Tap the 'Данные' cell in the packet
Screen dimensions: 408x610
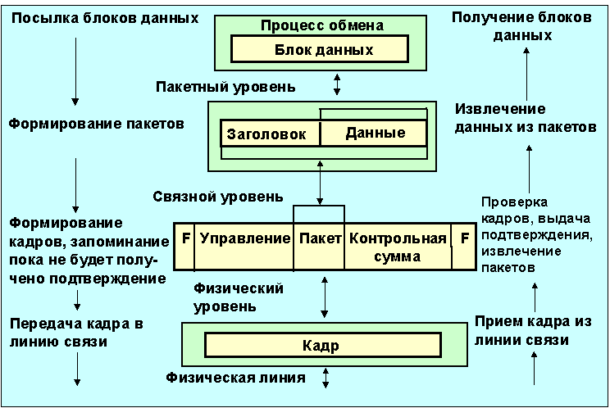tap(374, 133)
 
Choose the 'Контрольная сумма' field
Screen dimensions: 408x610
tap(398, 247)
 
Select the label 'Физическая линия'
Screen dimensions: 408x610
tap(235, 379)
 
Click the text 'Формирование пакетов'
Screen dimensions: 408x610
tap(96, 124)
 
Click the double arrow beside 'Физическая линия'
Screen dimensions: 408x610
tap(326, 379)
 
